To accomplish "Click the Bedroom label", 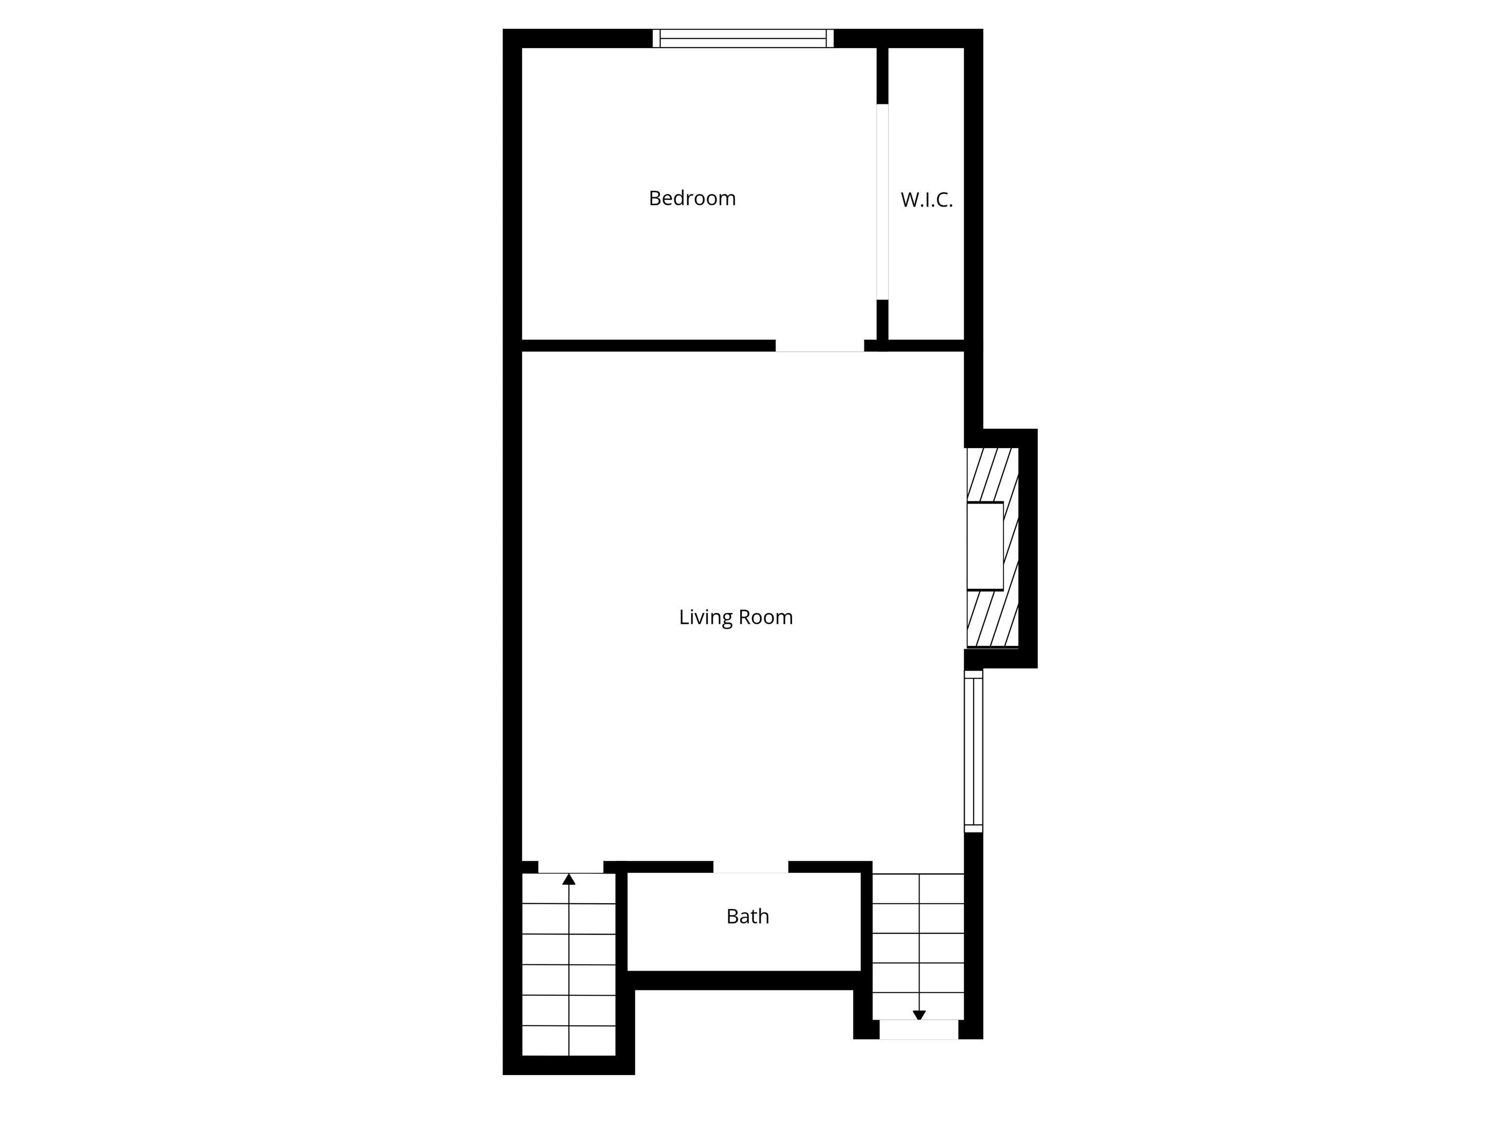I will pos(692,198).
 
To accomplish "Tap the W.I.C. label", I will pos(926,200).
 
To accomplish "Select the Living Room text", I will pos(735,617).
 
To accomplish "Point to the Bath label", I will pos(747,917).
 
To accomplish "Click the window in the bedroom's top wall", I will pos(743,38).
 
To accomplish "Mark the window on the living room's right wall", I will pos(974,751).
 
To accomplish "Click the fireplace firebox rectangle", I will pos(985,546).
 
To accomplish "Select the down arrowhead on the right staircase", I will pos(919,1015).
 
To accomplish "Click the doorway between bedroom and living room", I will pos(819,346).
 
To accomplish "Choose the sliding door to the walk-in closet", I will pos(882,202).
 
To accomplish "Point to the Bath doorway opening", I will pos(751,867).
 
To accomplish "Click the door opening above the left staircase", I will pos(571,867).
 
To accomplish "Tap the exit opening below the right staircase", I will pos(919,1030).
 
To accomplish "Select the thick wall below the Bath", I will pos(744,980).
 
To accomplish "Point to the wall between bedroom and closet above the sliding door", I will pos(882,75).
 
